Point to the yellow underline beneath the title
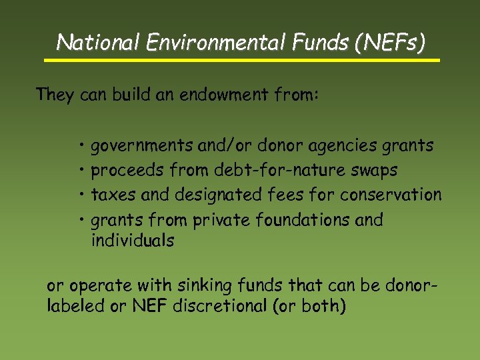pos(242,60)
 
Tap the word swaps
pos(375,171)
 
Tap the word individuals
pos(132,241)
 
